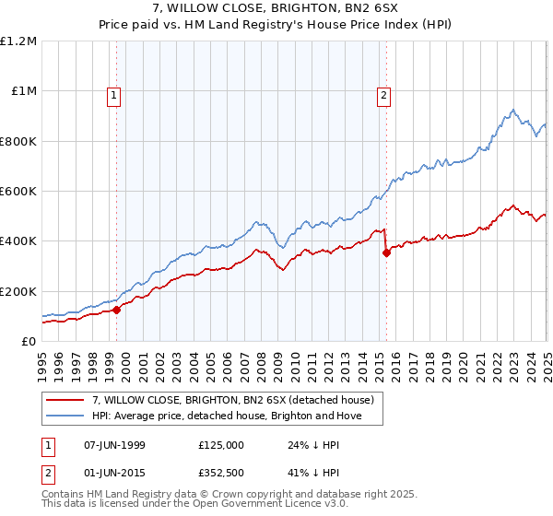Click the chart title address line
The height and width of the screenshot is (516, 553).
click(276, 10)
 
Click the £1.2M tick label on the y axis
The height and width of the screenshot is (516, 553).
click(18, 41)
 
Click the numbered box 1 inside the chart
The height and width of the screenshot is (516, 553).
click(113, 93)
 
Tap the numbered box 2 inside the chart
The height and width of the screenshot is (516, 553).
click(382, 93)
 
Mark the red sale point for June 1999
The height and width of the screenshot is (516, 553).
click(117, 311)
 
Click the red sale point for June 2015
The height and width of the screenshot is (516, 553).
click(386, 254)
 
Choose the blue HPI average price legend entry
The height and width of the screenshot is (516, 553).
click(226, 416)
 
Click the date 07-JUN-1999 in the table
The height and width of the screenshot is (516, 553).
click(115, 445)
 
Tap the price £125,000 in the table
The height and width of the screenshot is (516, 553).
click(221, 445)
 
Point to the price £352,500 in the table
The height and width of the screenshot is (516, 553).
click(221, 473)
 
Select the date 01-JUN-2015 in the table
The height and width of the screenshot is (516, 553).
click(115, 473)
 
